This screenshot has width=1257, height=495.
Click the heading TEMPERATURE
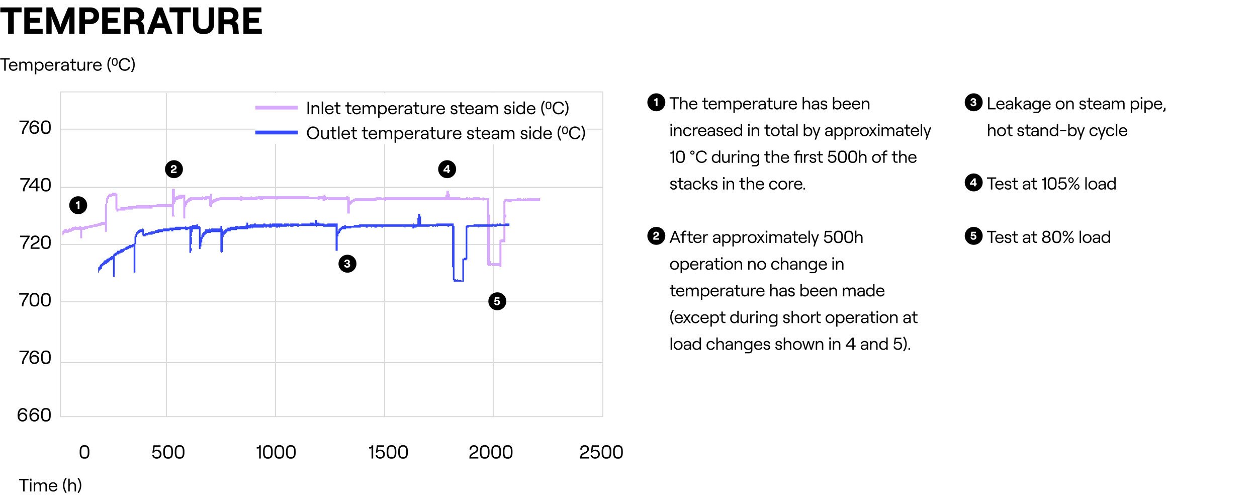click(131, 22)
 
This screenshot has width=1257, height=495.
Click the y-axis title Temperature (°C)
click(68, 65)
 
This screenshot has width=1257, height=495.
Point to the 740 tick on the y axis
click(35, 186)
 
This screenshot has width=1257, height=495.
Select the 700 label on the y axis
click(35, 300)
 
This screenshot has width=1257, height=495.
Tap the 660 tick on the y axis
click(34, 415)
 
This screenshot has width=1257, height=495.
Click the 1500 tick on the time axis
click(388, 452)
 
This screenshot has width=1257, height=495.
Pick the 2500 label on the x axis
click(601, 452)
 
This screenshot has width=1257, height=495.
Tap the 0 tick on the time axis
click(84, 452)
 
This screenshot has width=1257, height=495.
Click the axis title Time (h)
click(50, 485)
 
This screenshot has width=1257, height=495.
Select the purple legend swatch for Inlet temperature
click(276, 108)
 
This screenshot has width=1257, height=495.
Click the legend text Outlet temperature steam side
click(445, 133)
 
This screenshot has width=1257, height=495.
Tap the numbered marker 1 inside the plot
click(78, 205)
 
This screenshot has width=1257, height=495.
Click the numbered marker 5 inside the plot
click(497, 301)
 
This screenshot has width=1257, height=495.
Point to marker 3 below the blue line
click(347, 264)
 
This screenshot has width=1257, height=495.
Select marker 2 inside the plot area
click(173, 169)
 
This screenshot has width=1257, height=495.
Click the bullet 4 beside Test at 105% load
click(973, 183)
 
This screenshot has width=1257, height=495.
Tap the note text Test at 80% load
click(1048, 237)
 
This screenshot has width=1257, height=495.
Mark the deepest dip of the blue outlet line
click(458, 280)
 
